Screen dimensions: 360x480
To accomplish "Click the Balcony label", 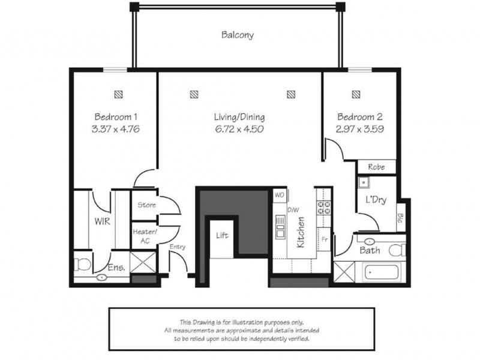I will click(237, 35).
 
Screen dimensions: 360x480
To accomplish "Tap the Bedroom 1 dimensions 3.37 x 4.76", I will click(118, 128).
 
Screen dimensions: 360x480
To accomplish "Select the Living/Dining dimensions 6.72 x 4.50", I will click(239, 128).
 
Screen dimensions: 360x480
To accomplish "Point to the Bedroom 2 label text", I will click(359, 117).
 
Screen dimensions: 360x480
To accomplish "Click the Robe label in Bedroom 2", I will click(376, 167).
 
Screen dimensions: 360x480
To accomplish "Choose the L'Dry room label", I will click(376, 200).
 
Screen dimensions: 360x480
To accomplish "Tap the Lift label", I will click(222, 236).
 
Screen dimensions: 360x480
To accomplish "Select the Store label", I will click(147, 205).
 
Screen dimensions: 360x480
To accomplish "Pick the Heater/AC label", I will click(145, 236).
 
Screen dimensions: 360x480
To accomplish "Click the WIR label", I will click(100, 221).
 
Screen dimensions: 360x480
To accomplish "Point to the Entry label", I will click(178, 247).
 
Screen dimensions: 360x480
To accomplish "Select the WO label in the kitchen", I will click(279, 195).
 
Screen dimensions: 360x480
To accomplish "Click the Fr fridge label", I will click(324, 238).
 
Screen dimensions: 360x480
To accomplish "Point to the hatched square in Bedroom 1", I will click(118, 94).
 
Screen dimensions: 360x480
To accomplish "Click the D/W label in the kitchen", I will click(293, 210).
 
